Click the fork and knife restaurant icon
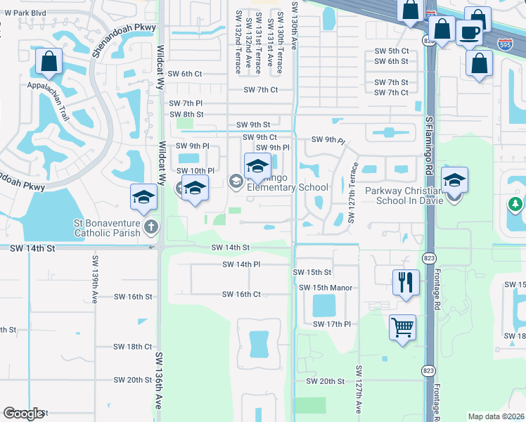point(406,283)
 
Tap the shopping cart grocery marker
point(402,327)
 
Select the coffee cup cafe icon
point(469,32)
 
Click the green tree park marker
point(515,205)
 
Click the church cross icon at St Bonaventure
point(149,226)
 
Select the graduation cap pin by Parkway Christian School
point(454,180)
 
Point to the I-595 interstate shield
point(505,44)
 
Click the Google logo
point(24,414)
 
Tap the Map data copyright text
point(496,416)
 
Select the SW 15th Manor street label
point(325,288)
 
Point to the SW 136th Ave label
point(159,379)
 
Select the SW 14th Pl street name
point(241,264)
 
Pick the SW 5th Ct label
point(392,51)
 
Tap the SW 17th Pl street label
point(333,324)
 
